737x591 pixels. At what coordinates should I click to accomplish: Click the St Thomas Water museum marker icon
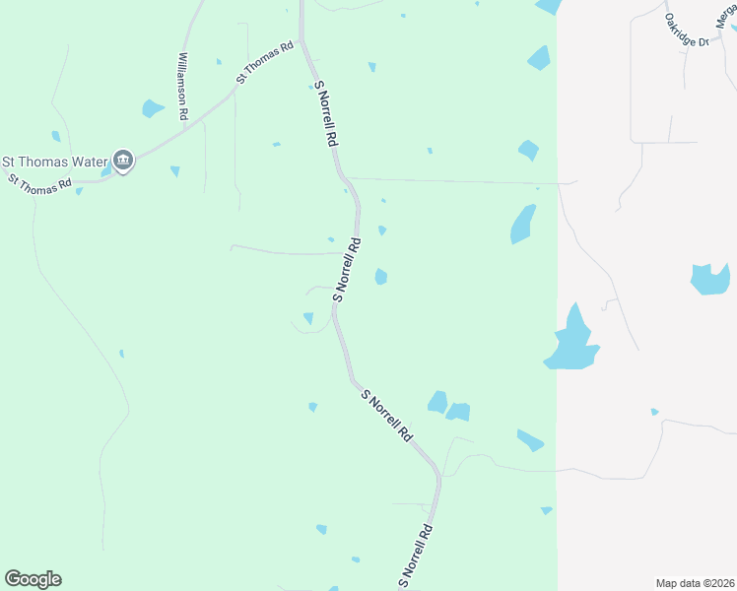tap(123, 159)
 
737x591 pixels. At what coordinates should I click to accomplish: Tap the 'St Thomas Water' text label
tap(55, 162)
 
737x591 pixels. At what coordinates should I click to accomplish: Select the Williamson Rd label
tap(183, 87)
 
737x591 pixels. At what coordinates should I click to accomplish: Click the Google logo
tap(33, 579)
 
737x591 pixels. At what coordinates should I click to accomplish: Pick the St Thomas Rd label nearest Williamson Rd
tap(265, 62)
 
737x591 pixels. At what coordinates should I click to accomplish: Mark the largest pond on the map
tap(571, 341)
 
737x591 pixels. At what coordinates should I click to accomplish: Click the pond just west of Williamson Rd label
tap(152, 107)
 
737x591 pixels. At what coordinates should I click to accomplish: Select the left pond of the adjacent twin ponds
tap(437, 402)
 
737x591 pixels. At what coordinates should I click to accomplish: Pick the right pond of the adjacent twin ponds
tap(458, 411)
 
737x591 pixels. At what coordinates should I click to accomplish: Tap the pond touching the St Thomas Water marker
tap(106, 171)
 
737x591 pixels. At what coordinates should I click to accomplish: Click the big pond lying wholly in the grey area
tap(708, 279)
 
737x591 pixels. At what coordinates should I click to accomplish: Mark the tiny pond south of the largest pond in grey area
tap(655, 412)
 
